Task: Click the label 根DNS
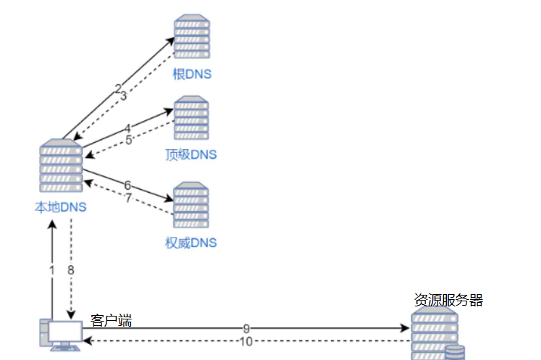click(x=191, y=74)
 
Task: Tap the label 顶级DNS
click(x=190, y=154)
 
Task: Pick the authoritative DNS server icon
click(x=192, y=204)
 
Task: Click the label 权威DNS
click(x=190, y=242)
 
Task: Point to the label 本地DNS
click(x=61, y=207)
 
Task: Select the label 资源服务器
click(x=448, y=300)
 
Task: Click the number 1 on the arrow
click(x=51, y=269)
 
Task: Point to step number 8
click(x=71, y=269)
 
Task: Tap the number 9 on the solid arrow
click(x=246, y=328)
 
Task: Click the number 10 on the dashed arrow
click(x=246, y=341)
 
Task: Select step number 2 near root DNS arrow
click(x=117, y=88)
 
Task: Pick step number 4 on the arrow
click(x=127, y=128)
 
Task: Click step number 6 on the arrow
click(x=127, y=185)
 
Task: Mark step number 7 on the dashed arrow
click(x=128, y=198)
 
